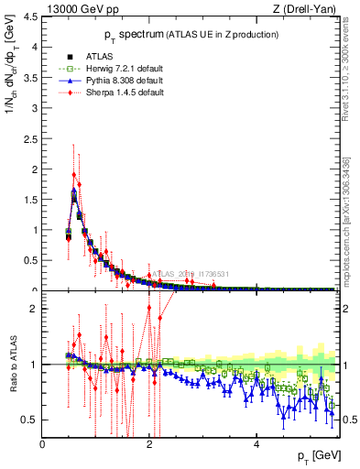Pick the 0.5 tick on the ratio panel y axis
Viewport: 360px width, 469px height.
[29, 420]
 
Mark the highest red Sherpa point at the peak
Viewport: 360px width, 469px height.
[73, 174]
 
